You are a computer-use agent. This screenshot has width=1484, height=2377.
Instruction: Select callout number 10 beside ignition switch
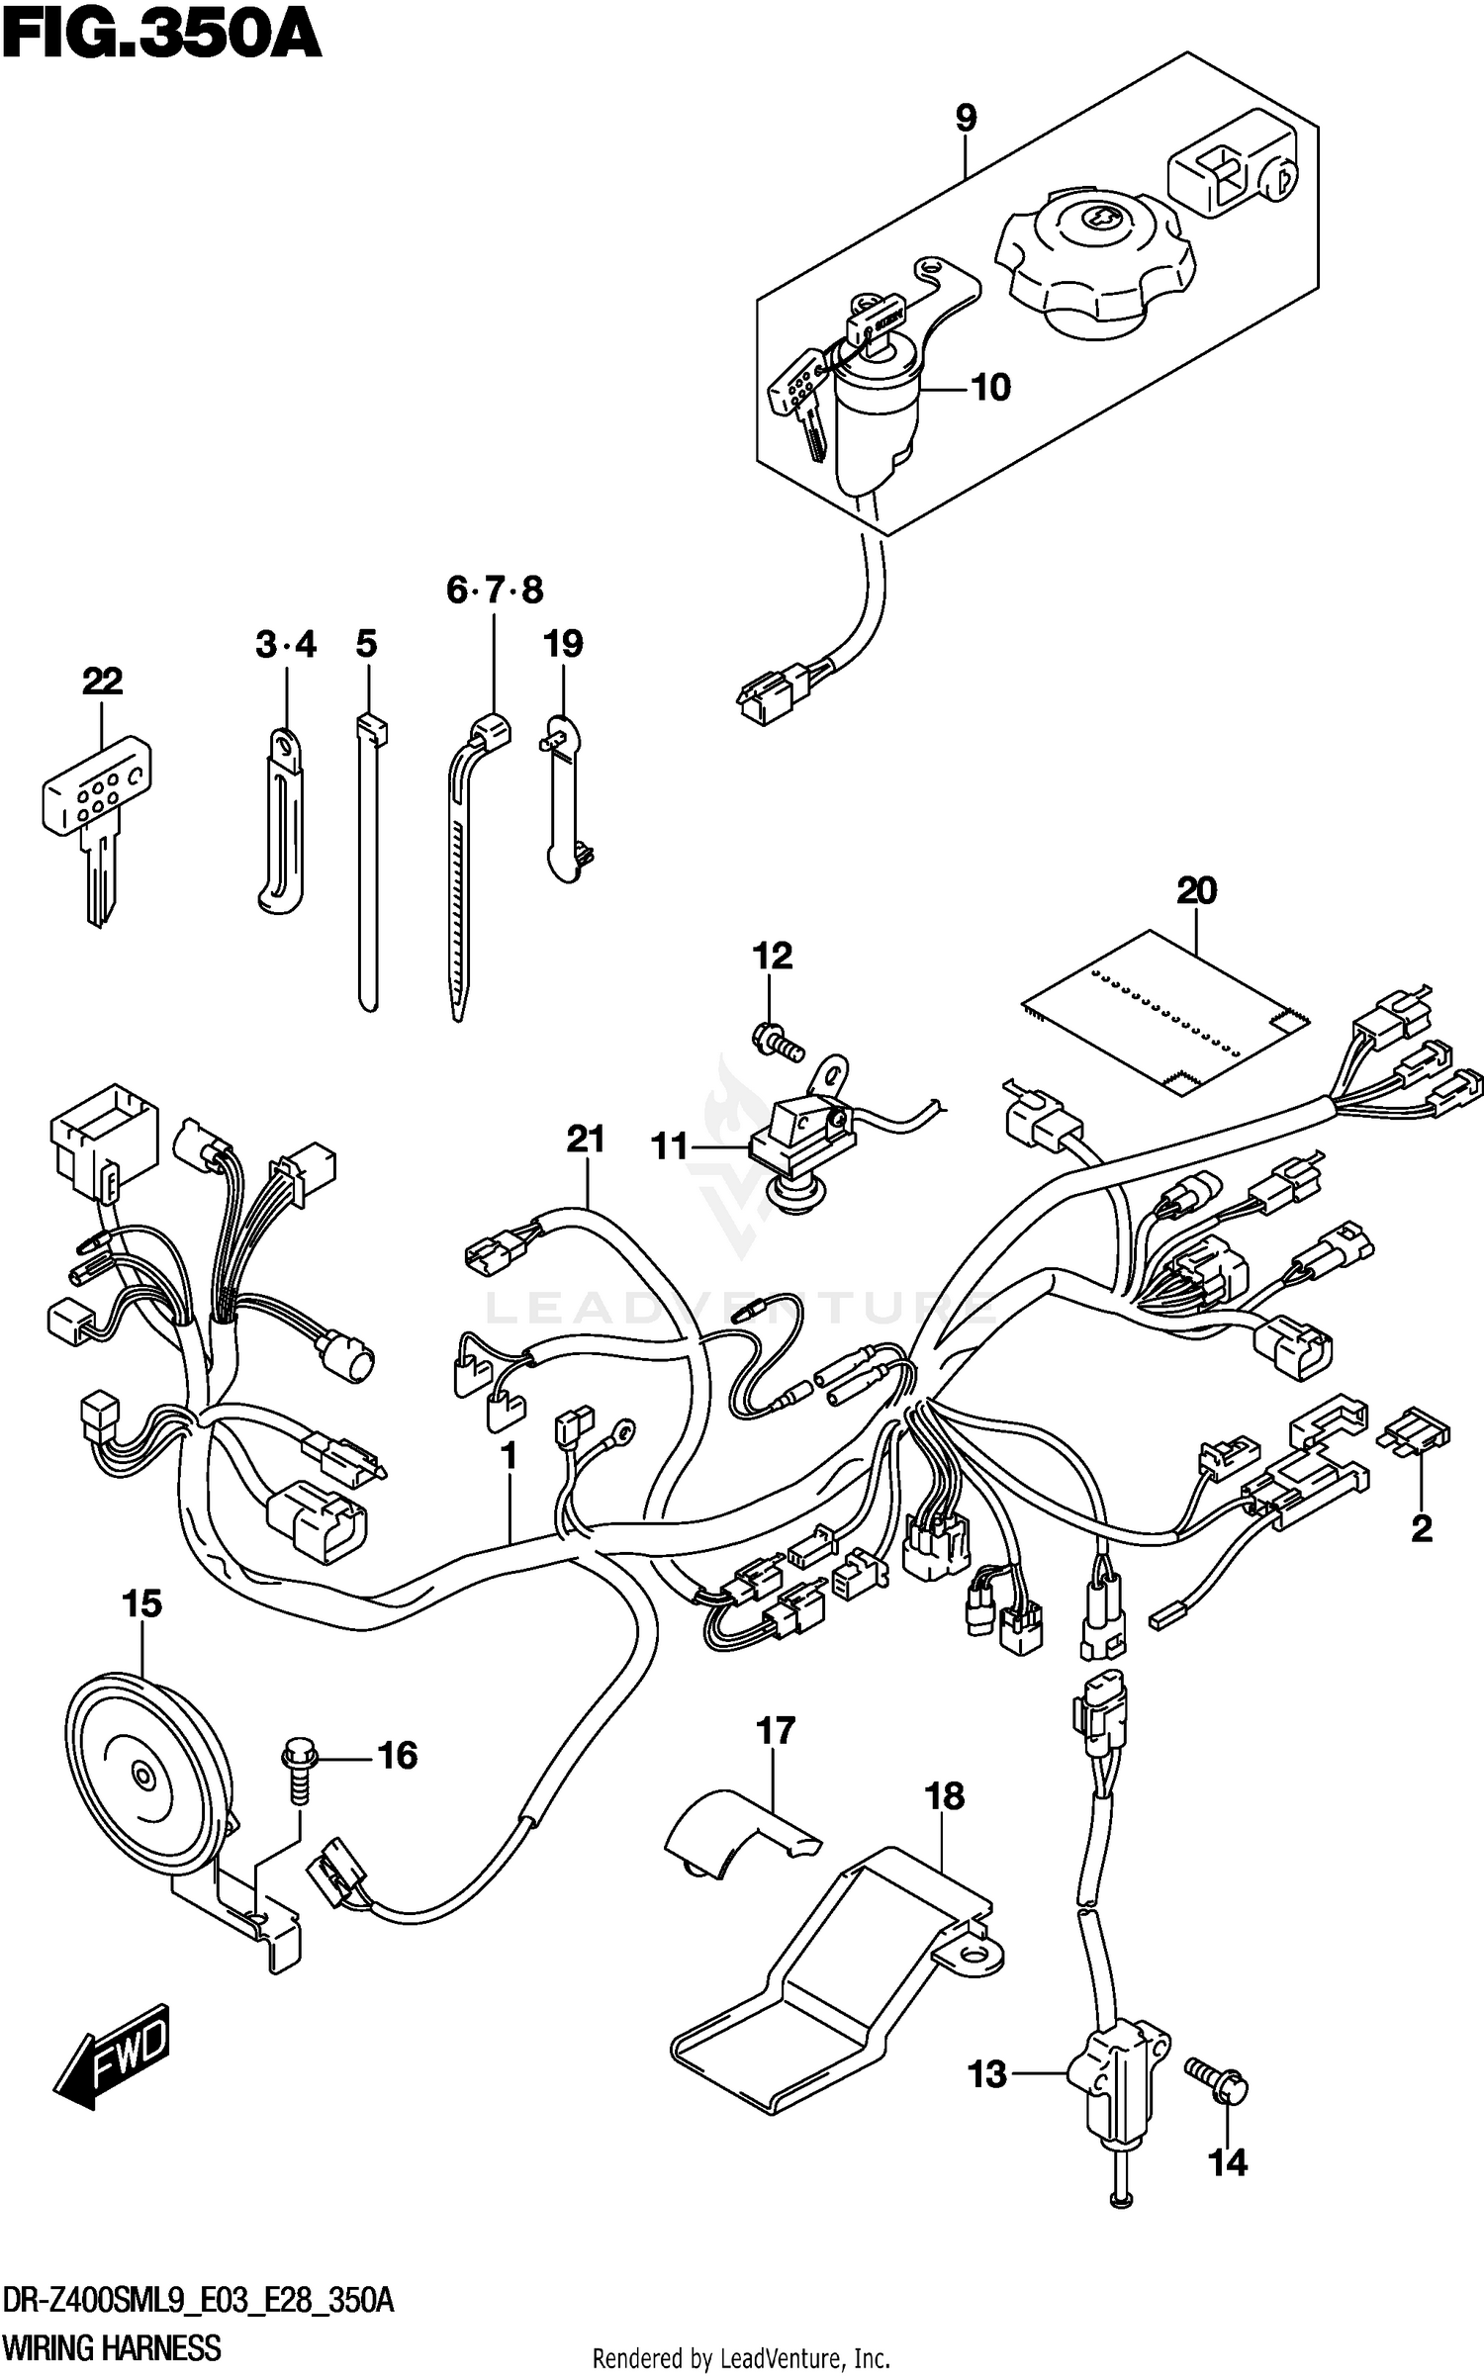989,387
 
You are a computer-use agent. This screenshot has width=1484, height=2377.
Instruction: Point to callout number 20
1196,890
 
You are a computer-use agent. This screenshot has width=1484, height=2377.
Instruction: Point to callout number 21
585,1140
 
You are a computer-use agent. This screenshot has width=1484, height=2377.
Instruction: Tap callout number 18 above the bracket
944,1795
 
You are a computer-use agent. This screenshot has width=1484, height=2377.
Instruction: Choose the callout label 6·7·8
495,591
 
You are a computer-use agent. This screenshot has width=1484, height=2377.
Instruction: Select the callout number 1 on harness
510,1456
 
